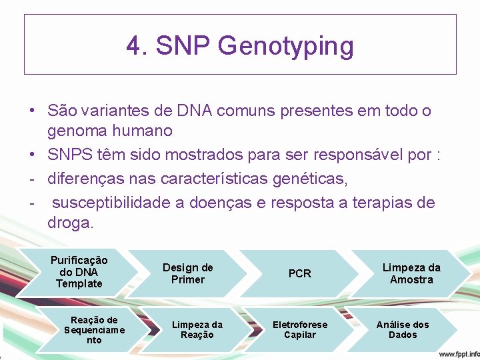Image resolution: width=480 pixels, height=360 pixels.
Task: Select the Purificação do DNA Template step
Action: (x=79, y=272)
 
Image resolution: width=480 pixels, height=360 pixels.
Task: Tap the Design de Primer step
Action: (x=188, y=273)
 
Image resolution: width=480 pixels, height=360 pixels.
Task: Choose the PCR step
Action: (x=299, y=273)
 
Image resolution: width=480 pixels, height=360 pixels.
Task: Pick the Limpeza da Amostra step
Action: (x=411, y=273)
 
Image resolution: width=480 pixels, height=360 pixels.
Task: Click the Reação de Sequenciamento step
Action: (x=94, y=330)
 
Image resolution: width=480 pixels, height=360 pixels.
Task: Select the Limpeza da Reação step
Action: (x=197, y=329)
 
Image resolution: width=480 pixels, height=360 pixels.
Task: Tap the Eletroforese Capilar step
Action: (x=300, y=329)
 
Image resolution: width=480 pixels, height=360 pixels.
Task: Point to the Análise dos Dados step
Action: (x=403, y=329)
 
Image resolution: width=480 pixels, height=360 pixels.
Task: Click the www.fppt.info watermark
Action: (x=458, y=353)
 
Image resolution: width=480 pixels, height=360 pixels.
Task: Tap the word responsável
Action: (x=359, y=155)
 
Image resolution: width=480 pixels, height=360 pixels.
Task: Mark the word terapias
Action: (x=373, y=202)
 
